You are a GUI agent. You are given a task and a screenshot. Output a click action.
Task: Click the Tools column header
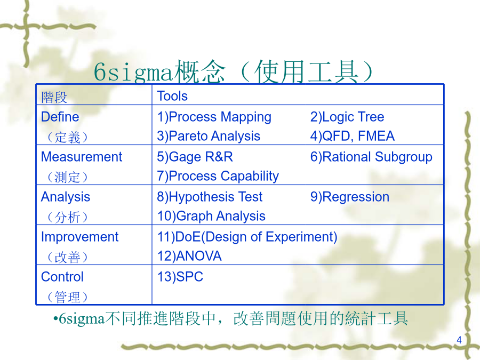click(172, 96)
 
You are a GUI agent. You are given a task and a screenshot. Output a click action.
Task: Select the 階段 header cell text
click(54, 98)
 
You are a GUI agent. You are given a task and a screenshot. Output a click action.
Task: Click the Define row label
click(60, 117)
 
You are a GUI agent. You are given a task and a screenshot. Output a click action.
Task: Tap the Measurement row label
click(82, 157)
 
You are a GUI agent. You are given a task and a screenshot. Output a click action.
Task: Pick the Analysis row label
click(66, 197)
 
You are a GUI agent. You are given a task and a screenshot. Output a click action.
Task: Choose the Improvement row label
click(79, 237)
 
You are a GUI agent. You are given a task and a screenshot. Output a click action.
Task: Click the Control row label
click(62, 277)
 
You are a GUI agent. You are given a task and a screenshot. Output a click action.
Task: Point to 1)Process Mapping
click(214, 117)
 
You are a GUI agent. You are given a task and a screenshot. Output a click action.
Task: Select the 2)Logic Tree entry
click(347, 117)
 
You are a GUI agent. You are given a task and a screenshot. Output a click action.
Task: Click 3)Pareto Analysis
click(209, 136)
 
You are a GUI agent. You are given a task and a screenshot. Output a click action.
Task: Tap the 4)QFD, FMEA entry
click(353, 136)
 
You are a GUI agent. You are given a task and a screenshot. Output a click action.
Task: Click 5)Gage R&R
click(195, 157)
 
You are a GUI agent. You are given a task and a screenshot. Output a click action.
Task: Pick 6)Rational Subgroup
click(371, 157)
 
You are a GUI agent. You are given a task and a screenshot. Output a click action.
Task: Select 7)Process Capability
click(218, 177)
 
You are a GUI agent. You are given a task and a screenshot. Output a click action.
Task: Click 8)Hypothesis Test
click(210, 197)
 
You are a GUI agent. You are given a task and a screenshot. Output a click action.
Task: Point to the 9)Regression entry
click(350, 197)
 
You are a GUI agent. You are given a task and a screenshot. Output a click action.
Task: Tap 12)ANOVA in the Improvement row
click(189, 256)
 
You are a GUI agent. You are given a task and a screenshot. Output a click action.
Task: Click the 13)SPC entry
click(180, 277)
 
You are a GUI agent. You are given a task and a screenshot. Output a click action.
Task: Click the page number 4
click(459, 340)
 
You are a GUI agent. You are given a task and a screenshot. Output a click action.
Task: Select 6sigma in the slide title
click(133, 72)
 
